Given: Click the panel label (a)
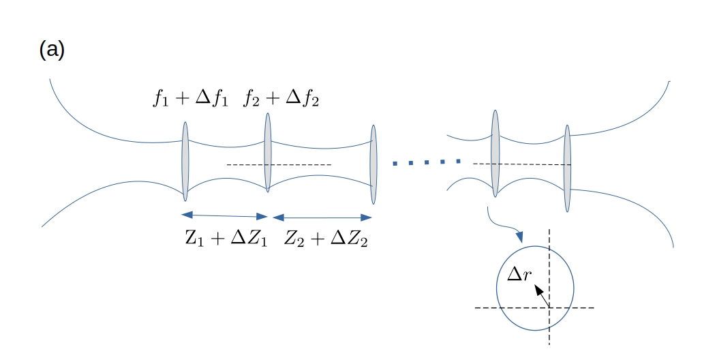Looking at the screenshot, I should pos(52,51).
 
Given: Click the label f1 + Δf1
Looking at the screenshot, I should pos(192,100).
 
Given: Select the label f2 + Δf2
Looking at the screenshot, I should pos(281,100).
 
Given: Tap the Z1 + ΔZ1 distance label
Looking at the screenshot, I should pos(226,239).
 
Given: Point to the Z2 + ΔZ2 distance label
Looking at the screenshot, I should pos(326,239).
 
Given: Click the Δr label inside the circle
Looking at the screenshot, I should pos(522,275).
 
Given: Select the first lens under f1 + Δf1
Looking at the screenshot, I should pos(185,162).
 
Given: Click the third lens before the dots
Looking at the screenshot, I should pos(373,164).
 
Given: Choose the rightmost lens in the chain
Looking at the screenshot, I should pos(567,168).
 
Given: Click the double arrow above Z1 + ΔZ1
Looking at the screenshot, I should pos(226,216).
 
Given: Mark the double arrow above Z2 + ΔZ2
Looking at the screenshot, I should pos(322,217).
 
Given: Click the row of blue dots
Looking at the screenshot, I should pos(427,162).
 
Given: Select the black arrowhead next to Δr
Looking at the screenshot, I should pos(538,290).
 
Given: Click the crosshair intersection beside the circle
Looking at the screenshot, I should pos(549,307).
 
